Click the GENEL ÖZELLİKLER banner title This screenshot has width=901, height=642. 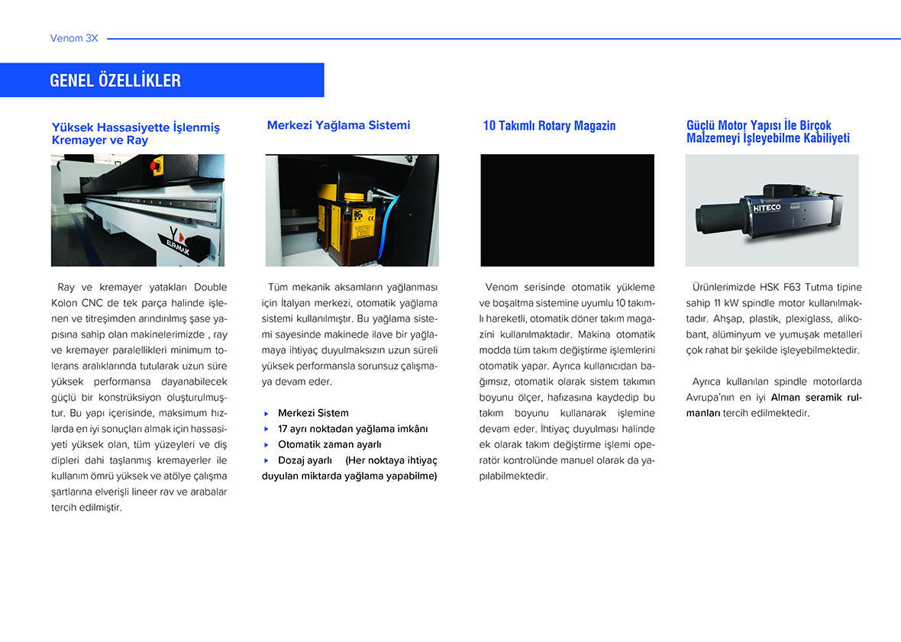pos(115,80)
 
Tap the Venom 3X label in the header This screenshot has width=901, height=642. pos(74,37)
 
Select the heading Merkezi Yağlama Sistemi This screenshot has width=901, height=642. pos(338,125)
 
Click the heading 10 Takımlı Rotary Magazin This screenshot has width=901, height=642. pos(549,126)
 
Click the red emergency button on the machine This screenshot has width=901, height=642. pos(158,164)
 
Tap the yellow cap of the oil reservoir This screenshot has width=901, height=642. pos(354,197)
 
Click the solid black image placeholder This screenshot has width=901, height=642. pos(567,210)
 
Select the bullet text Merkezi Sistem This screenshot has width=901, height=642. pos(313,413)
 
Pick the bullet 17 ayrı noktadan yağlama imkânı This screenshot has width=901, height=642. pos(353,429)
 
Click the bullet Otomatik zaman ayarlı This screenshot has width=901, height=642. pos(329,444)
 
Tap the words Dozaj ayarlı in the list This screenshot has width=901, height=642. pos(305,460)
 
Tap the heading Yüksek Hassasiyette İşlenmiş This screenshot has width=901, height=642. pos(135,127)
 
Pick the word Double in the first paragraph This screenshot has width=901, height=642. pos(210,287)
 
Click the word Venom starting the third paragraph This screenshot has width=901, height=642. pos(501,287)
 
